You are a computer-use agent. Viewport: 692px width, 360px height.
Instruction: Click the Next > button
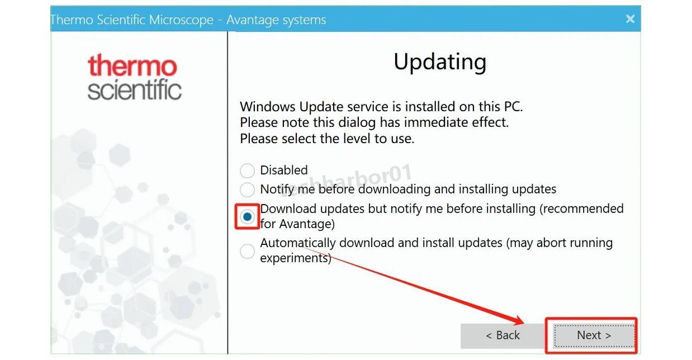point(594,335)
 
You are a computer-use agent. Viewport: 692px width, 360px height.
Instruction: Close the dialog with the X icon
point(630,19)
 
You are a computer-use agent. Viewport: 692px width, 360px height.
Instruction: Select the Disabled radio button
point(247,170)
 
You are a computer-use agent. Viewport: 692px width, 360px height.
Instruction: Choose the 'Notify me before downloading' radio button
point(247,190)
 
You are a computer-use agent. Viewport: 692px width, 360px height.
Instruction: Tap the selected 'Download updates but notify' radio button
point(247,217)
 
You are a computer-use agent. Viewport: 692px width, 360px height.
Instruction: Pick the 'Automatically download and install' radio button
point(247,251)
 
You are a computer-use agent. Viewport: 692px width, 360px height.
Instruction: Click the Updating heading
point(440,63)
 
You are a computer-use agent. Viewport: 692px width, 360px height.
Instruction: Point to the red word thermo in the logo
point(132,65)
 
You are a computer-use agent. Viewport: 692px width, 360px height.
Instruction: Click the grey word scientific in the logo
point(134,89)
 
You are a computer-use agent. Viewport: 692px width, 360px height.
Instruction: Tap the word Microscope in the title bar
point(181,20)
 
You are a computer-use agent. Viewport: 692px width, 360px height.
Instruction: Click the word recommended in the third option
point(582,209)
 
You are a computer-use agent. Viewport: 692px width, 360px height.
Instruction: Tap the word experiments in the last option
point(296,258)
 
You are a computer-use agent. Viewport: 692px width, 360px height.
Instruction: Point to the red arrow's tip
point(524,323)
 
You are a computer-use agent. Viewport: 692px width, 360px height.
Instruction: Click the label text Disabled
point(284,170)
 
